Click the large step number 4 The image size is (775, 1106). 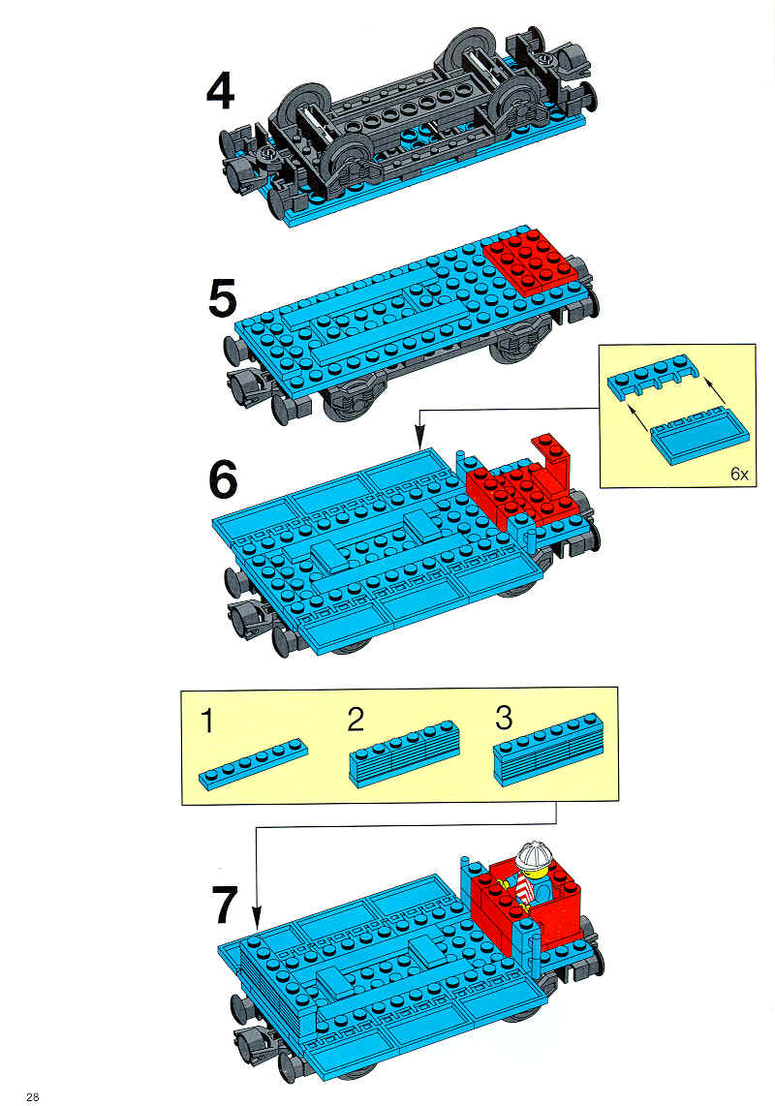(221, 92)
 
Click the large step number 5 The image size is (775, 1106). (223, 298)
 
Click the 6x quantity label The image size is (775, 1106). (739, 474)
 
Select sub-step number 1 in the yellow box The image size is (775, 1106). (206, 722)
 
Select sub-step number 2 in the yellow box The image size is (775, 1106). (356, 720)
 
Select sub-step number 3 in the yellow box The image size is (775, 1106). (503, 718)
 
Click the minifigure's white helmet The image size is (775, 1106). (535, 855)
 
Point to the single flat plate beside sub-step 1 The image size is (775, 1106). (254, 763)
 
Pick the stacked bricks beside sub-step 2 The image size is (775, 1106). (404, 754)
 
